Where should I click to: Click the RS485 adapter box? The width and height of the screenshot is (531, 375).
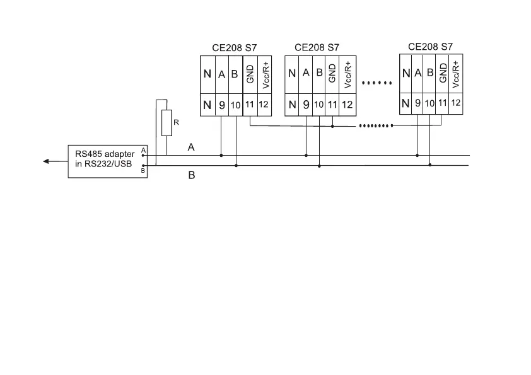click(107, 161)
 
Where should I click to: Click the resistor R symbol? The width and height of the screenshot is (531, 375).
click(166, 123)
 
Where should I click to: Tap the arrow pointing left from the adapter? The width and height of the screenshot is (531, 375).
click(48, 161)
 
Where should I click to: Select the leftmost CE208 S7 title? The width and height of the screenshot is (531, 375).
click(235, 47)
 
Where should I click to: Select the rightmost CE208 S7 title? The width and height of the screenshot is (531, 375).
click(431, 46)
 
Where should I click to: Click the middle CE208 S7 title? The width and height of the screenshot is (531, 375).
click(317, 47)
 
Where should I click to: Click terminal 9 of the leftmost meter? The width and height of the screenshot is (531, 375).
click(221, 105)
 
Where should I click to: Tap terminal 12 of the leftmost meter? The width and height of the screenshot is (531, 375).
click(264, 105)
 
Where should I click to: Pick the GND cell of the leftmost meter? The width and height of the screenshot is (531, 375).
click(250, 74)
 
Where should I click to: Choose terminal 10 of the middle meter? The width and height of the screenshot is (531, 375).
click(320, 105)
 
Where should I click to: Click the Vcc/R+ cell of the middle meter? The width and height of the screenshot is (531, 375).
click(347, 74)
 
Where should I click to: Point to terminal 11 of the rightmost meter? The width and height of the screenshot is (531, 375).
click(442, 103)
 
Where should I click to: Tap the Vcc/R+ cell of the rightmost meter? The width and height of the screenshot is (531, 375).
click(455, 72)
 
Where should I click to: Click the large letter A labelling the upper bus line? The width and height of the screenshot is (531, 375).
click(191, 147)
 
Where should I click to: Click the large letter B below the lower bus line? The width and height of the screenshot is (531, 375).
click(192, 176)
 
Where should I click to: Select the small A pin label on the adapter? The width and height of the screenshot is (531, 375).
click(143, 151)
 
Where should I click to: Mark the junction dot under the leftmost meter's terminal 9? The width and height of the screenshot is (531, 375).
click(221, 155)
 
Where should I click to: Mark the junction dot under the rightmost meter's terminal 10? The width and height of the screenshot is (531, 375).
click(430, 165)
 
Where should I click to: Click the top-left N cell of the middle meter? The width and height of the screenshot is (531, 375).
click(292, 74)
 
